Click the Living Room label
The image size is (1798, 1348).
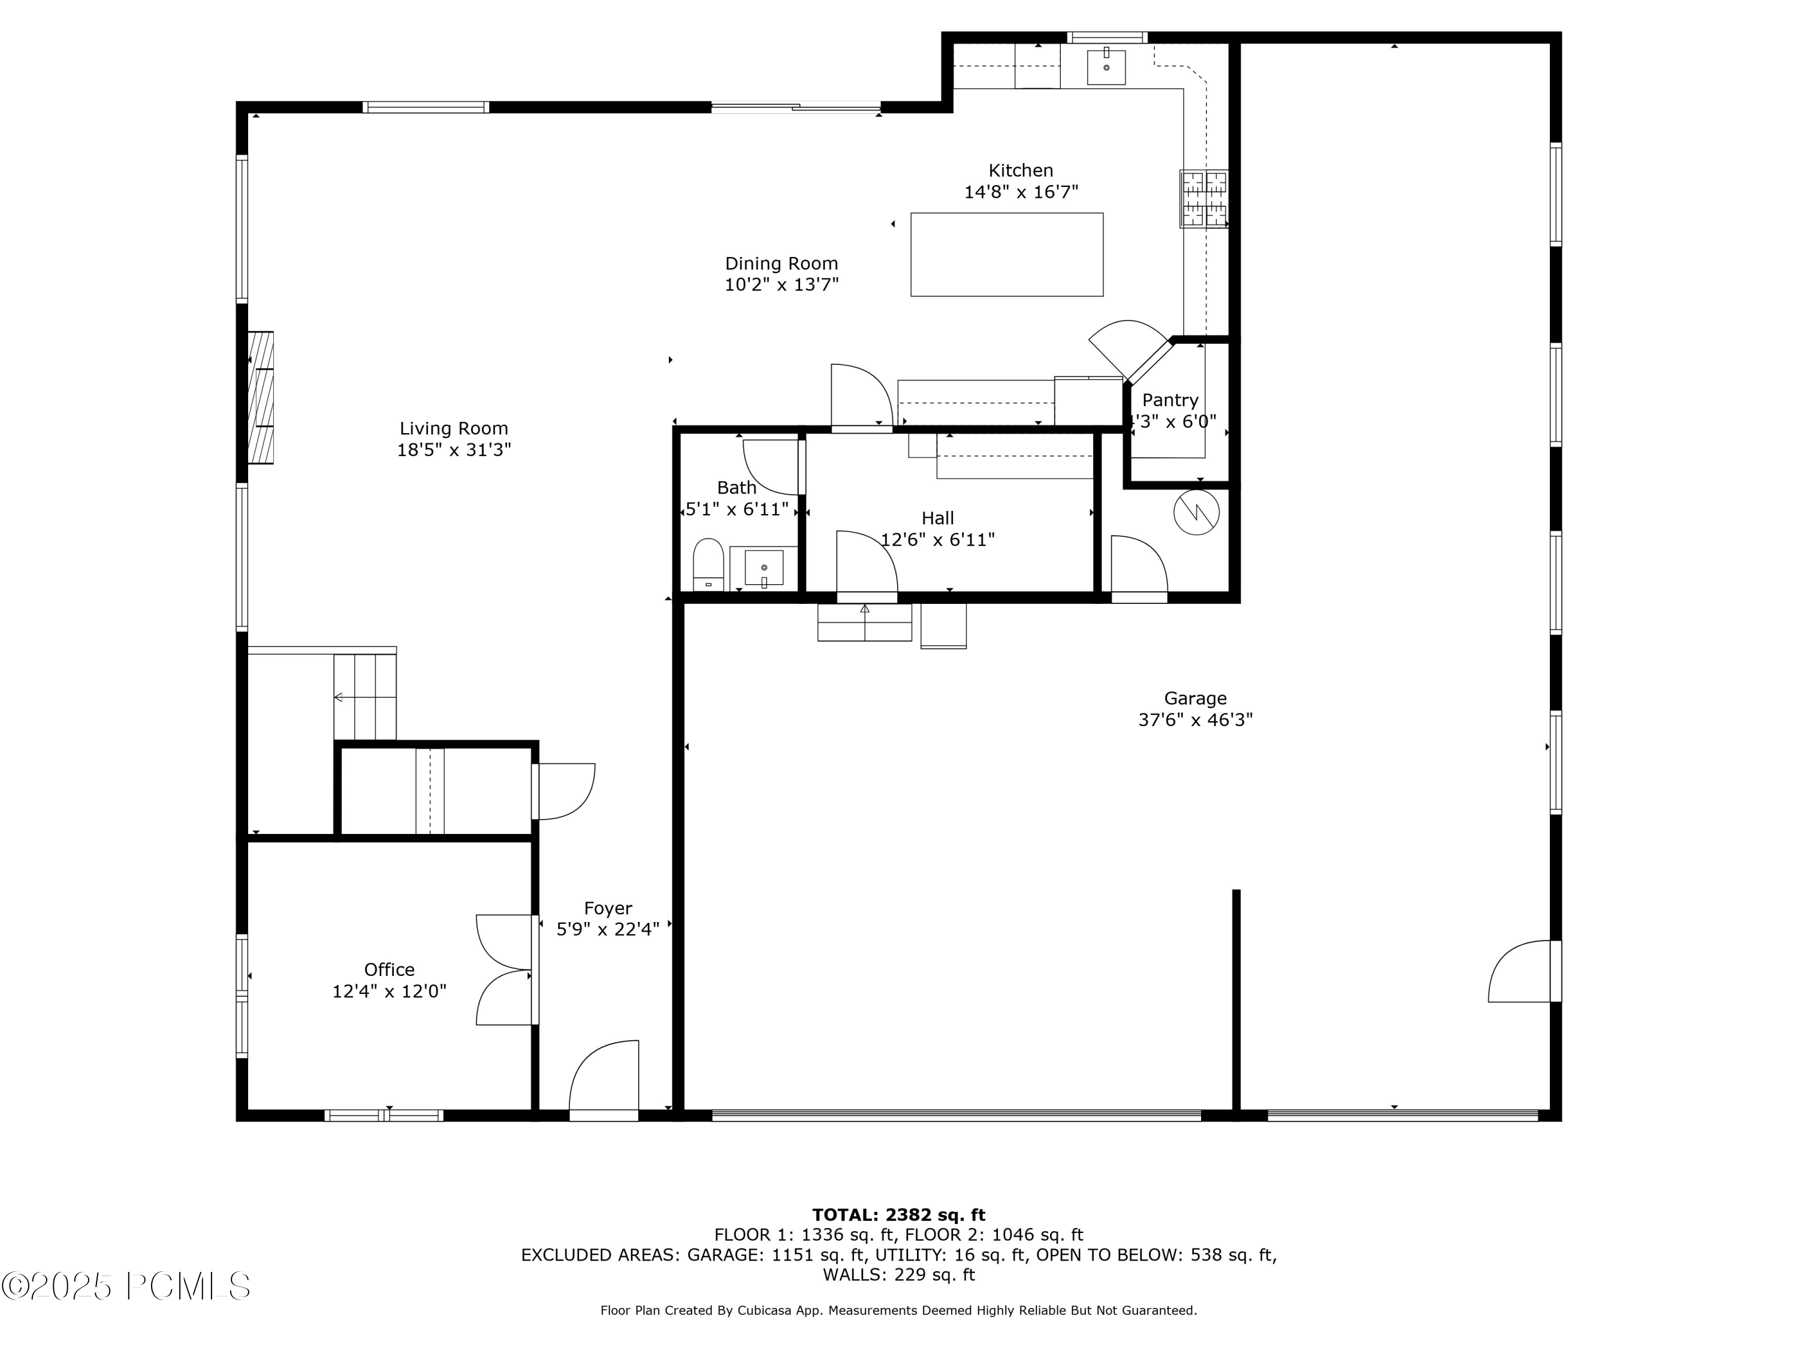pos(454,428)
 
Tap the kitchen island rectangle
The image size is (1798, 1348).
pos(1006,255)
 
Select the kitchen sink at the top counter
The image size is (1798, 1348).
pos(1106,67)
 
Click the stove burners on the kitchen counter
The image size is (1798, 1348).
pos(1204,198)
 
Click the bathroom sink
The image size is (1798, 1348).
pos(764,568)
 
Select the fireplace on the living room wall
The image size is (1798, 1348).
pos(261,397)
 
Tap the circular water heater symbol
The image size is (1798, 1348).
pos(1196,512)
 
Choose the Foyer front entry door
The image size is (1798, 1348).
pos(604,1081)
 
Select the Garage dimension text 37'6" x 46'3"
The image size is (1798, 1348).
pos(1195,720)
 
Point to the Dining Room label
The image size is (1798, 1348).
pos(781,263)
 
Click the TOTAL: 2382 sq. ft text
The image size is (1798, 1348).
pos(898,1215)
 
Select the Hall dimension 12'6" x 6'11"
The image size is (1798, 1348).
pos(937,540)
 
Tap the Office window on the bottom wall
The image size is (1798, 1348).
pos(384,1116)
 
